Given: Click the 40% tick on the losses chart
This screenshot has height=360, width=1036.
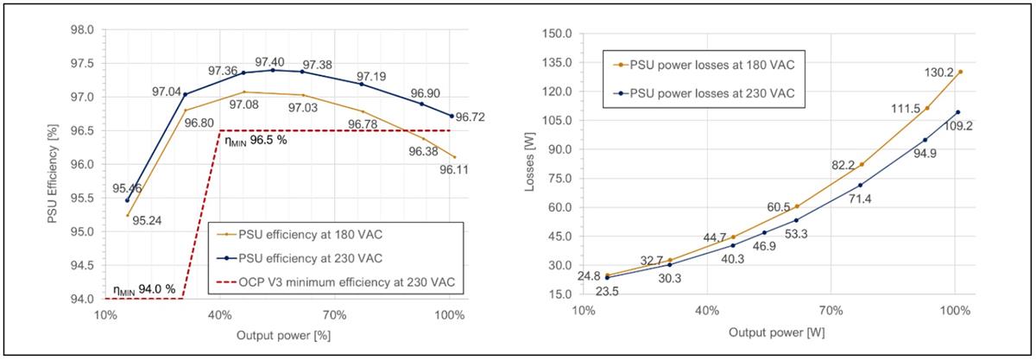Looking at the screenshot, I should pos(708,311).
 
